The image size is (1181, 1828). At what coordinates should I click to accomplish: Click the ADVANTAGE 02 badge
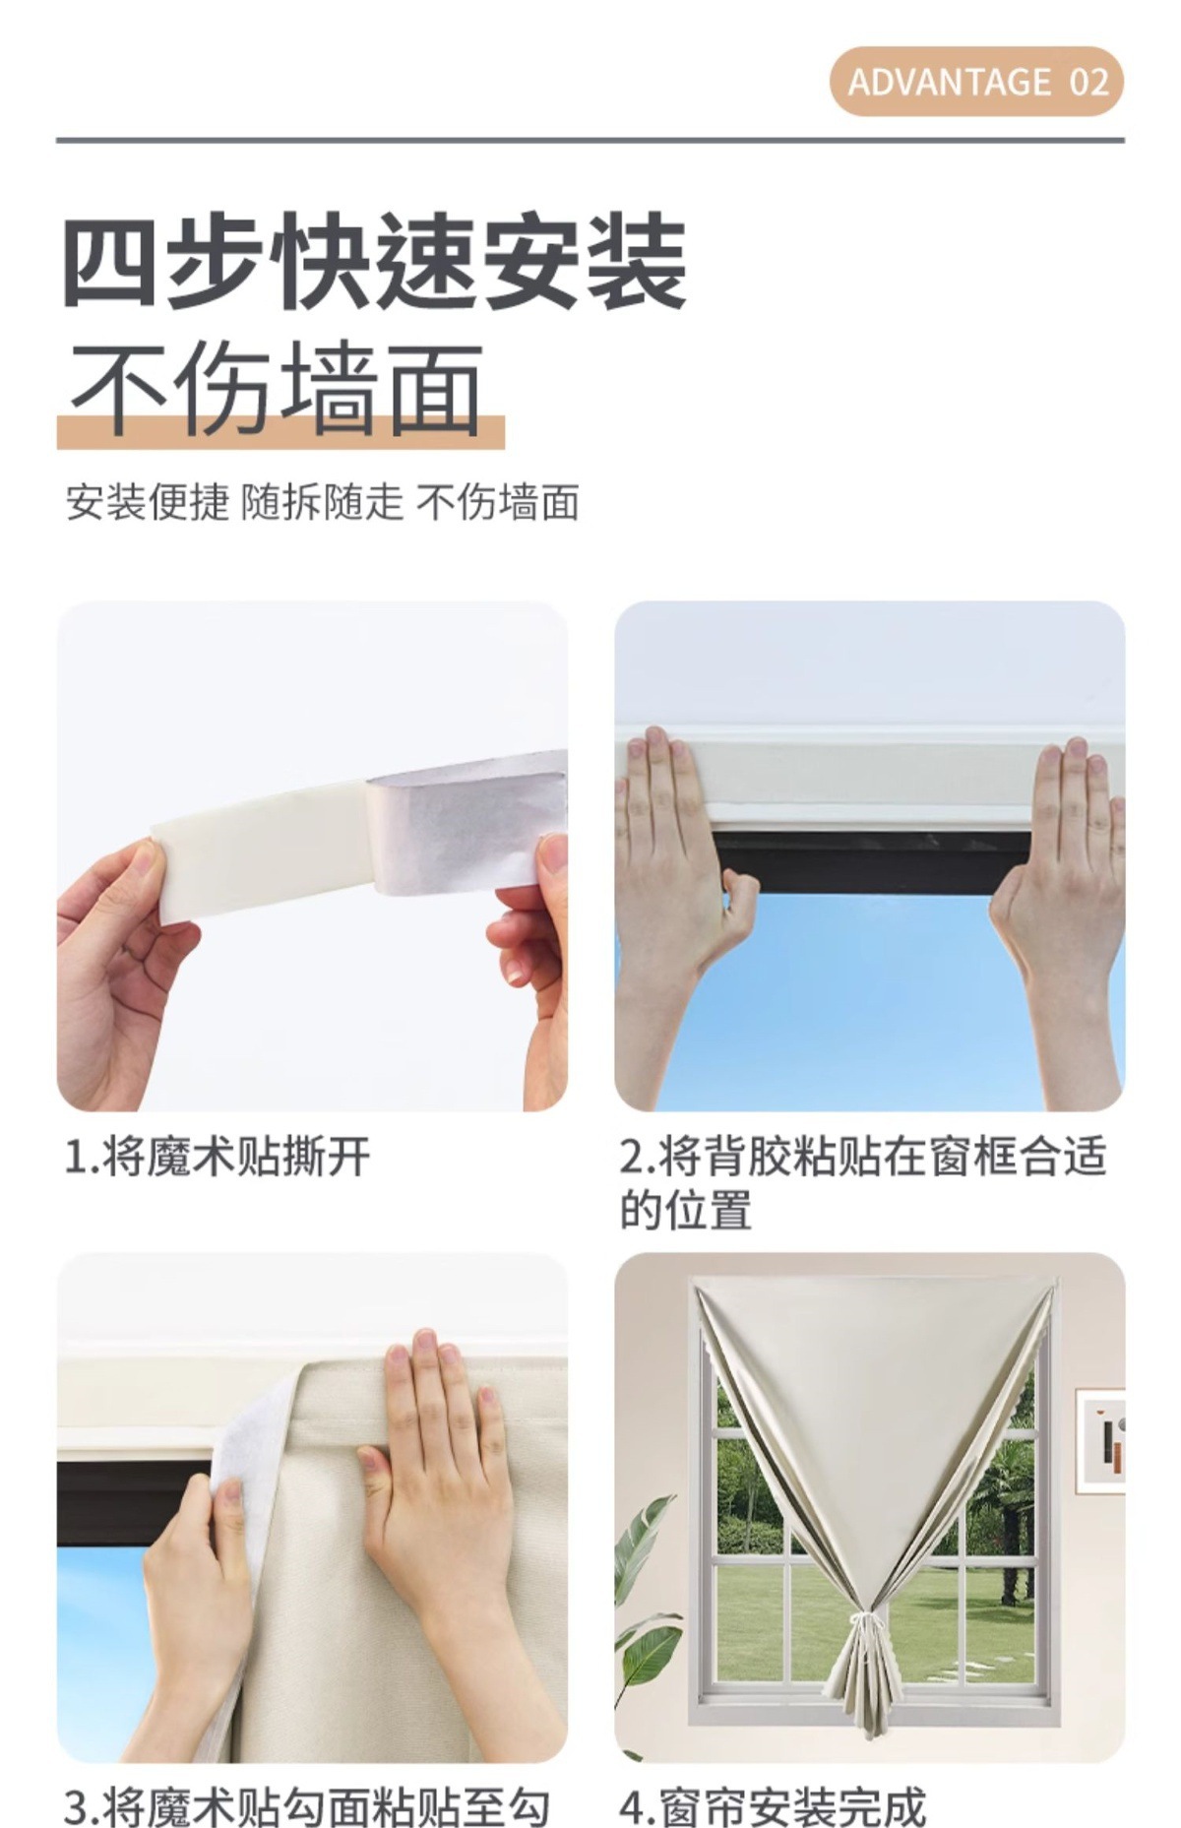click(x=976, y=81)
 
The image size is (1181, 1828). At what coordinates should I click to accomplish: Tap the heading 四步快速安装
click(x=375, y=262)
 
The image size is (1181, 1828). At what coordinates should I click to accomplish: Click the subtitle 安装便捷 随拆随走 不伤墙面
click(x=322, y=502)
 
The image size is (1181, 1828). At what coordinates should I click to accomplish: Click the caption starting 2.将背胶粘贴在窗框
click(x=863, y=1182)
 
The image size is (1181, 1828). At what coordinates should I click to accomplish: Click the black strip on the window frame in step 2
click(x=872, y=861)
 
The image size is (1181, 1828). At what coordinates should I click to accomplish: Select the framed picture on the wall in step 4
click(x=1101, y=1443)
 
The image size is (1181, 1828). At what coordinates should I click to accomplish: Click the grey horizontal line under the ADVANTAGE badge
click(x=590, y=140)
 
